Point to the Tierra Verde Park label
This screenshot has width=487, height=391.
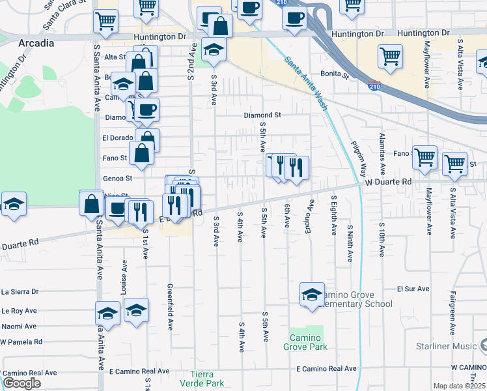[206, 379]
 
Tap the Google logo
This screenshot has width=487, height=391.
[21, 383]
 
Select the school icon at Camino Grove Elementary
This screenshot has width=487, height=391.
[313, 295]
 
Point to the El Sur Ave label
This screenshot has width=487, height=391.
[414, 288]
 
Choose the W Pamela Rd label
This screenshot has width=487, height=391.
[21, 341]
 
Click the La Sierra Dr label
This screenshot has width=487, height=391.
[20, 292]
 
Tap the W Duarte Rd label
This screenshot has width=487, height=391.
[389, 182]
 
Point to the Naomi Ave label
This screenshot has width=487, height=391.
[19, 326]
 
